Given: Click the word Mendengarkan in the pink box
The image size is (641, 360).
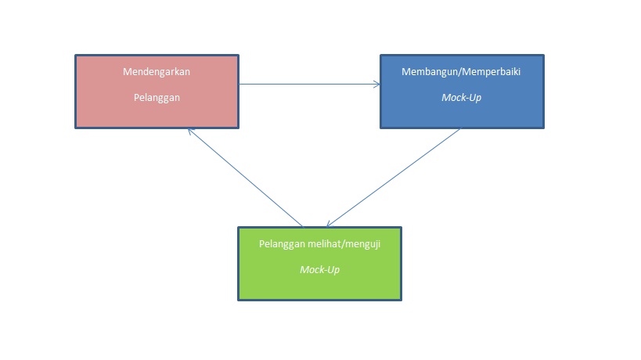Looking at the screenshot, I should tap(157, 72).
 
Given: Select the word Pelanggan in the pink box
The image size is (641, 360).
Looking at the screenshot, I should tap(157, 99).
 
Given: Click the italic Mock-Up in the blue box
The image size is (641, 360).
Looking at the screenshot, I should tap(461, 99).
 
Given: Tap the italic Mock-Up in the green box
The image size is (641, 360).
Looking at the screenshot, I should tap(319, 270).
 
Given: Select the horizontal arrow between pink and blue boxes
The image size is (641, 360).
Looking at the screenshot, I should tap(309, 84).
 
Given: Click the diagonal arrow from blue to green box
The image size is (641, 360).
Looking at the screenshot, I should tap(394, 178).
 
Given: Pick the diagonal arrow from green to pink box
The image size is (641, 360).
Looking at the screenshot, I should tap(244, 178).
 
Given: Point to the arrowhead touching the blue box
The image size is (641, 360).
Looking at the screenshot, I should tap(376, 84).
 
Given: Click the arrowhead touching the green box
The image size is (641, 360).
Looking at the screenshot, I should tap(330, 225).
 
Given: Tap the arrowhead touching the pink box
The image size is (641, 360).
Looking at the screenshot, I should tap(190, 130).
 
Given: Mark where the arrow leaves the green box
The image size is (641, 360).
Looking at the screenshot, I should tap(301, 226).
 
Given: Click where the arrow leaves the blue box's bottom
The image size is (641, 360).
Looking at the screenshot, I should tap(460, 129).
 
